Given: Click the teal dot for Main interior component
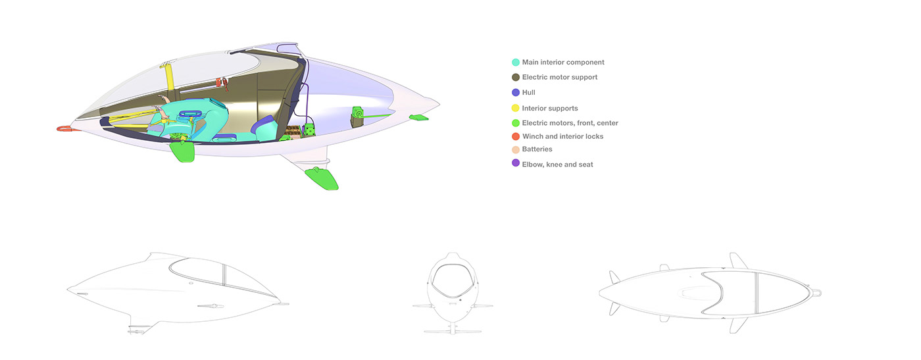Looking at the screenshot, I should [516, 63].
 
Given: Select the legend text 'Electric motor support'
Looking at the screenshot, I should [559, 78].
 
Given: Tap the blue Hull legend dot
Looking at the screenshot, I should [516, 93].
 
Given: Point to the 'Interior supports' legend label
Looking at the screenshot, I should [549, 108].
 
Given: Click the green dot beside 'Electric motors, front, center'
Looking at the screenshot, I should [516, 123].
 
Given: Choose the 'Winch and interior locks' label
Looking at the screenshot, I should [562, 136].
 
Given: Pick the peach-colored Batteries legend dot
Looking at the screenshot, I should [516, 149].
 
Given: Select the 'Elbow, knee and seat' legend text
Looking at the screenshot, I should [557, 165].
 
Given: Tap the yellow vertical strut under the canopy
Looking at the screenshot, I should [168, 77].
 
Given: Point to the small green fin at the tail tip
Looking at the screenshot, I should [418, 117].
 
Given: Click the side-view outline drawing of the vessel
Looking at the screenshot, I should [178, 290].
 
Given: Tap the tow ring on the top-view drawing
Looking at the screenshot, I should [816, 292].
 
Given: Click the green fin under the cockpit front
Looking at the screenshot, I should [183, 151].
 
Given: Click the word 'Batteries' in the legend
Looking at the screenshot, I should [537, 149].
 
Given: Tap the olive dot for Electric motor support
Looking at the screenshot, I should [516, 78].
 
